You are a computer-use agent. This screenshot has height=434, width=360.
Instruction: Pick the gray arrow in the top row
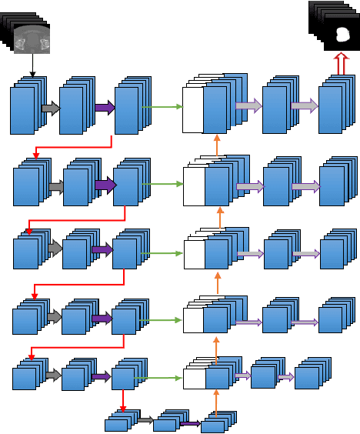tap(50, 108)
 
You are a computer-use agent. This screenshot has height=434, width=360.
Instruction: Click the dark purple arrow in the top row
tap(105, 108)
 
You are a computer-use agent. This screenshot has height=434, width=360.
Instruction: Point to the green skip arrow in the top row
tap(161, 108)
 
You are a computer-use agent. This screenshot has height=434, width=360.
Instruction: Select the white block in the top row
tap(192, 110)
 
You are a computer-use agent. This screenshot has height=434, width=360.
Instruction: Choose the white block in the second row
tap(193, 186)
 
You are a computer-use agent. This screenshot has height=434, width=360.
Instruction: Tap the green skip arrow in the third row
tap(161, 253)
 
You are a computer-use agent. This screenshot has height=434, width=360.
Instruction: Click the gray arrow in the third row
tap(54, 248)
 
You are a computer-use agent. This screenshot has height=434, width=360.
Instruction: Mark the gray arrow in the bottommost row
tap(145, 420)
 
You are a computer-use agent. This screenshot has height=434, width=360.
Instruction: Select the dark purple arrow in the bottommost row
tap(190, 423)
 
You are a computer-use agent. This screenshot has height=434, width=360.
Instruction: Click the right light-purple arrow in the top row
tap(305, 107)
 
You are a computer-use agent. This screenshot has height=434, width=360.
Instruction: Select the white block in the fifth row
tap(194, 379)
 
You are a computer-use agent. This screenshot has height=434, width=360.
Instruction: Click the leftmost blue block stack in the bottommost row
tap(118, 422)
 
